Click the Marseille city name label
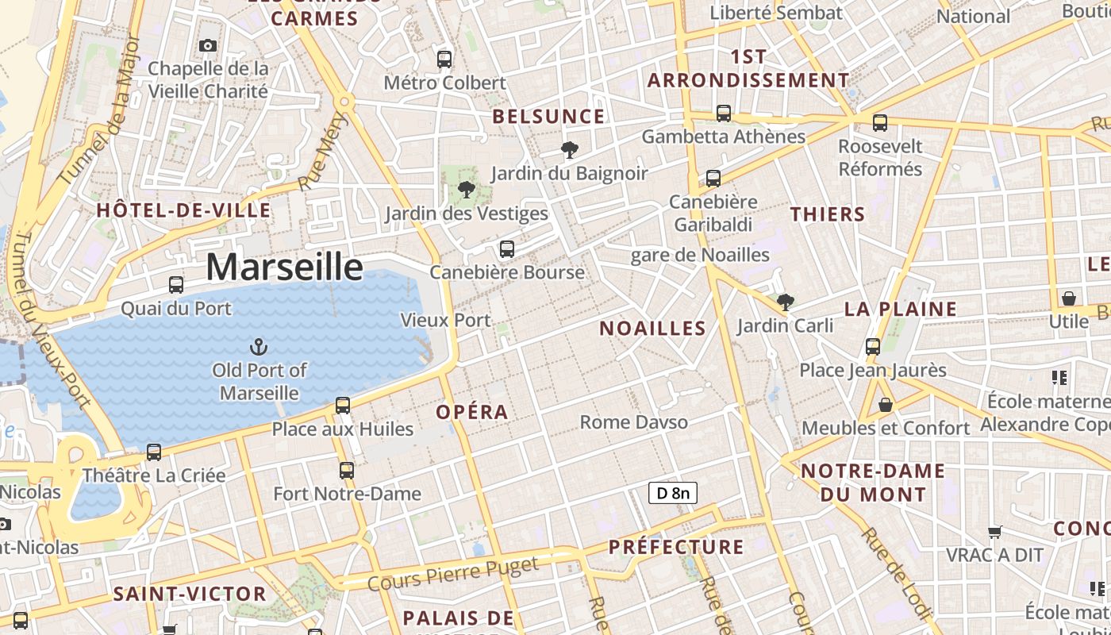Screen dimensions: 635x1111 [284, 267]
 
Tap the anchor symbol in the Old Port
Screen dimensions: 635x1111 [258, 347]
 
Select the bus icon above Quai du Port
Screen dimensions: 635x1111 [176, 285]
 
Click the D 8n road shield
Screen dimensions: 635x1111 [673, 493]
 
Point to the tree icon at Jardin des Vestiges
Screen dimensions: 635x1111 [467, 190]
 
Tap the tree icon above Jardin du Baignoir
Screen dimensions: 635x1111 [569, 149]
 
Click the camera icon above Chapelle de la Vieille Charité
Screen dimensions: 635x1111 [208, 45]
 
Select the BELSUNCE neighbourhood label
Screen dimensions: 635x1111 [548, 117]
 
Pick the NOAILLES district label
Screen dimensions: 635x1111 [652, 329]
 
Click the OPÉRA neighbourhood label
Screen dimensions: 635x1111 [472, 412]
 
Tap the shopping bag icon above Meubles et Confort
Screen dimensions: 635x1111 [886, 406]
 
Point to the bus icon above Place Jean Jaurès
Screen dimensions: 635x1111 [873, 347]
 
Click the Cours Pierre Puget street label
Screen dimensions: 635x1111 [453, 574]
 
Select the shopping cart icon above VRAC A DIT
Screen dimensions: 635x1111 [994, 532]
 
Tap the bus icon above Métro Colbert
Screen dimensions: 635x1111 [444, 59]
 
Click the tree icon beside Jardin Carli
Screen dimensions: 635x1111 [785, 302]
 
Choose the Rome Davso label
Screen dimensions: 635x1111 [633, 422]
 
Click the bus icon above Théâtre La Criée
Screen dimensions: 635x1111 [154, 452]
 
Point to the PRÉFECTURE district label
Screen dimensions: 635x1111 [676, 547]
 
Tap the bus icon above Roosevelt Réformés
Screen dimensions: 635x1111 [880, 123]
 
